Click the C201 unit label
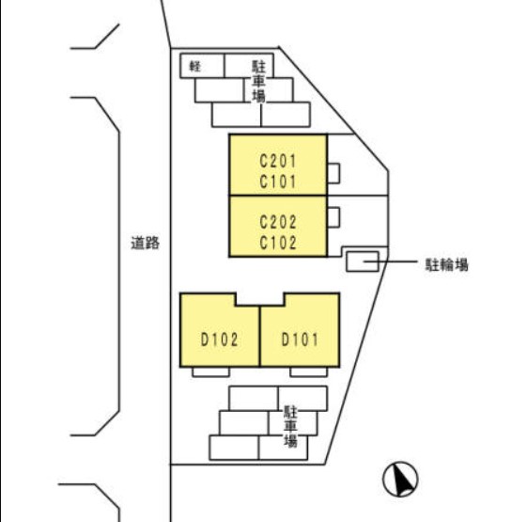[x=278, y=161]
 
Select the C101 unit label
[x=278, y=182]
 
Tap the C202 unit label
[x=278, y=222]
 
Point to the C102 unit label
[x=278, y=243]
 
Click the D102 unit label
[x=219, y=340]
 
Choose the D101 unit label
[x=300, y=340]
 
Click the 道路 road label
[x=145, y=243]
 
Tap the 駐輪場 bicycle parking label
[x=446, y=265]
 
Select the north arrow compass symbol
[x=400, y=480]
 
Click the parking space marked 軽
[x=202, y=66]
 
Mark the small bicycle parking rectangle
[x=363, y=261]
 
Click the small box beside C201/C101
[x=333, y=173]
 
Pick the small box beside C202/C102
[x=333, y=217]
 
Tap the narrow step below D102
[x=210, y=372]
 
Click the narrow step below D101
[x=308, y=372]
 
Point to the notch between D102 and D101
[x=260, y=299]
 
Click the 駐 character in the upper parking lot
[x=258, y=68]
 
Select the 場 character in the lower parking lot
[x=290, y=440]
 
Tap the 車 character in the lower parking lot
[x=290, y=426]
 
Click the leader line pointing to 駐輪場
[x=391, y=261]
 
